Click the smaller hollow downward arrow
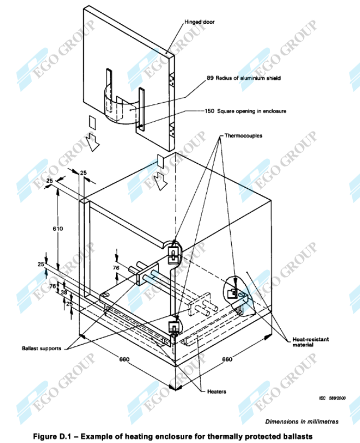[x=160, y=180]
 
